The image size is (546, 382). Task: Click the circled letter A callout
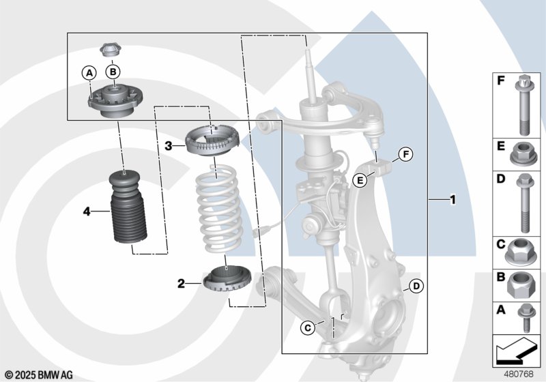tap(89, 74)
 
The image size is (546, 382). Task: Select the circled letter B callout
tap(113, 72)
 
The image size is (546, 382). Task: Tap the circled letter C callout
tap(308, 327)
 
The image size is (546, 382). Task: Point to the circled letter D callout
tap(416, 286)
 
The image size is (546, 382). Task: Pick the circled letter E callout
tap(360, 180)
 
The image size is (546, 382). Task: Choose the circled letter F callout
tap(405, 154)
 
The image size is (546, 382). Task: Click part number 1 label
tap(452, 200)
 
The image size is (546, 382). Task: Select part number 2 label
tap(181, 284)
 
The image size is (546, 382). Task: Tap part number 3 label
tap(169, 146)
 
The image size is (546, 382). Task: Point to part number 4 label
tap(87, 211)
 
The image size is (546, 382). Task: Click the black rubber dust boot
tap(128, 207)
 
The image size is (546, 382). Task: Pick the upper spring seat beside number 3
tap(212, 141)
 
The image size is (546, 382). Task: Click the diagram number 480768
tap(519, 374)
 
